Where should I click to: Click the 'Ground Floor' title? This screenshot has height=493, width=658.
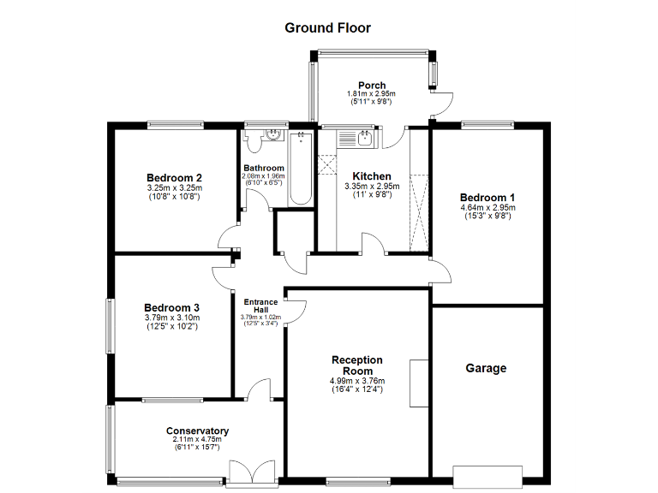coord(327,27)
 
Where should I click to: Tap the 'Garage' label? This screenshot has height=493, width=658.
coord(486,368)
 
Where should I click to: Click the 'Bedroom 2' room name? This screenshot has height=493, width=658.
coord(173,177)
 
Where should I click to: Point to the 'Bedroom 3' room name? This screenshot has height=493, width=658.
coord(171,307)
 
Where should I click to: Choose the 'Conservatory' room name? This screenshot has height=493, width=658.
coord(197,431)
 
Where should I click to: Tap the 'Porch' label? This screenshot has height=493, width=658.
coord(372,85)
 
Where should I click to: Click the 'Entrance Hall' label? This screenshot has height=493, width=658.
coord(260,306)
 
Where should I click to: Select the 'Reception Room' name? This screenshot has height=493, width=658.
coord(356,365)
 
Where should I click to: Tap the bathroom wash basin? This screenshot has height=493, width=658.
coord(273,134)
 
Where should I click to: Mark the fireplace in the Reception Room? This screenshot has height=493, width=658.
coord(419,383)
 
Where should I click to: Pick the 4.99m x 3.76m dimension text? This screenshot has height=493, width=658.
coord(356,381)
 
